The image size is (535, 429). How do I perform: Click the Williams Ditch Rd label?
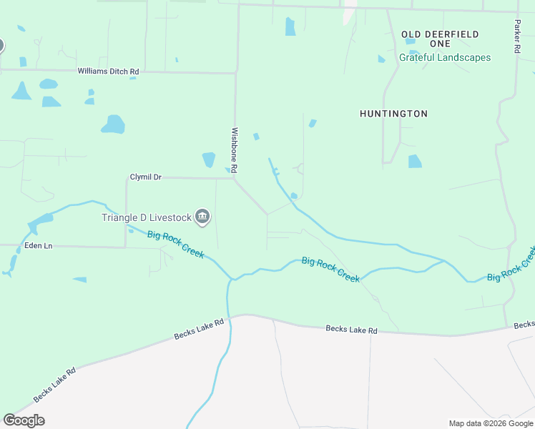[x=108, y=71]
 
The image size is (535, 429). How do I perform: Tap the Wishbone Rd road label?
[x=234, y=151]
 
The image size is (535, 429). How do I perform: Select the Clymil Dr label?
[x=146, y=177]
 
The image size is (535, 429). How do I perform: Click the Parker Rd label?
[x=516, y=36]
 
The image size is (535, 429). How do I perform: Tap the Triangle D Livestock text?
[x=147, y=217]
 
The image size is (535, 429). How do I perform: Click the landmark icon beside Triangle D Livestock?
[x=202, y=217]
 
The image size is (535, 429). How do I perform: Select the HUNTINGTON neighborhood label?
[x=393, y=114]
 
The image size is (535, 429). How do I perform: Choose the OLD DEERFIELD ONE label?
[x=431, y=39]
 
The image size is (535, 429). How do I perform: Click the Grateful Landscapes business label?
[x=445, y=57]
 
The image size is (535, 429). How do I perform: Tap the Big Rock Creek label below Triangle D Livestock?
[x=176, y=245]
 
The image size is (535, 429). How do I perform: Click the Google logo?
[x=24, y=420]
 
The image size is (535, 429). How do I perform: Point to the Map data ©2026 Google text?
[x=490, y=423]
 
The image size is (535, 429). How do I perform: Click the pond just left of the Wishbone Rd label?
[x=209, y=159]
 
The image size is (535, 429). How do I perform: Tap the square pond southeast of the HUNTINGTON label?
[x=415, y=162]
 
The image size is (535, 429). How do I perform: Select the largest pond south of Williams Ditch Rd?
[x=113, y=124]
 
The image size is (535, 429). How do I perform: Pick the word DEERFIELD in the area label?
[x=438, y=34]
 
